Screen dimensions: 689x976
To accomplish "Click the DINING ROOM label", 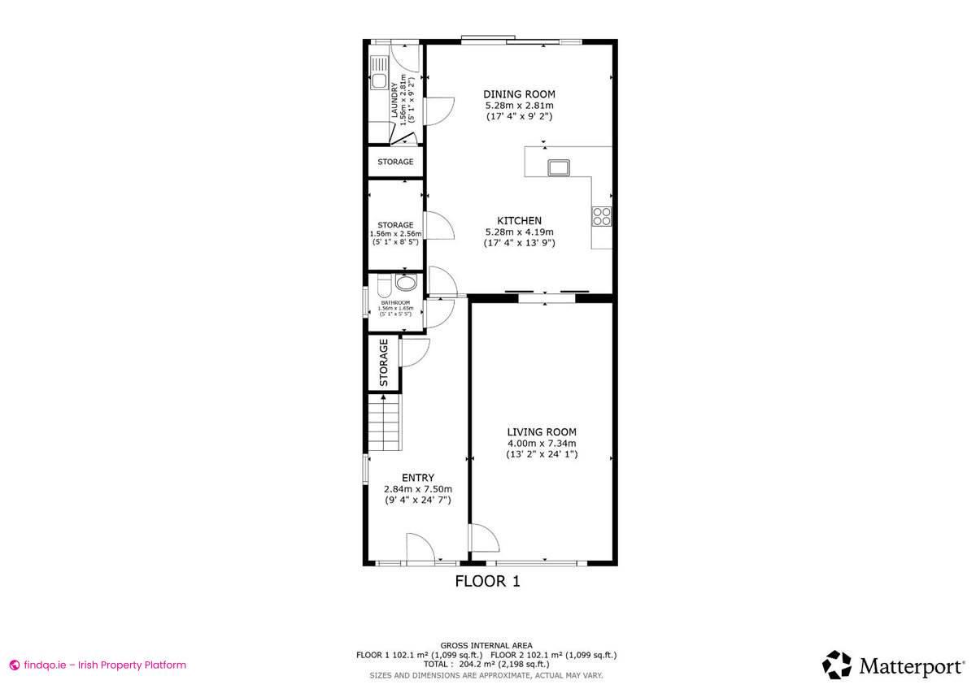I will coord(519,94).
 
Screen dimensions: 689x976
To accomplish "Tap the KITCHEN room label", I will coord(520,220).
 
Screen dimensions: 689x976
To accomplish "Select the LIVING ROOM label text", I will coord(542,431).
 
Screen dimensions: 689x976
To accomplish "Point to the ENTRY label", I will coord(418,478).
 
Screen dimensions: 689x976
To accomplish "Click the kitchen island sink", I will coord(559,168).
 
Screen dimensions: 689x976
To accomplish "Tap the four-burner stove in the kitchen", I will coord(602,215).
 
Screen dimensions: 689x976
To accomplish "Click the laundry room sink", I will coord(379,81).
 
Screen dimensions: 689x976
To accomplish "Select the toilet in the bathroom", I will coord(404,283).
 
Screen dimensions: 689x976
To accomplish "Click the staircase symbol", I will coord(385,422).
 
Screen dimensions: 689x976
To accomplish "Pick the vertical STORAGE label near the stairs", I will coord(384,362).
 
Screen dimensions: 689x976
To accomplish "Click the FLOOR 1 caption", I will coord(486,581).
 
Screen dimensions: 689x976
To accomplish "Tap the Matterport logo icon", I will coord(836,665).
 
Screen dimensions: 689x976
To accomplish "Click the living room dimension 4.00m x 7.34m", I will coord(542,443).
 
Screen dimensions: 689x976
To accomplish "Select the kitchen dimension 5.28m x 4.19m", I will coord(520,232).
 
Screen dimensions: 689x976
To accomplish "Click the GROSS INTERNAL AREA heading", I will coord(486,645).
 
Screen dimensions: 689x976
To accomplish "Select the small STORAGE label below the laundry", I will coord(395,162).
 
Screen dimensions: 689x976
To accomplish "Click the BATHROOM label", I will coord(396,303).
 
